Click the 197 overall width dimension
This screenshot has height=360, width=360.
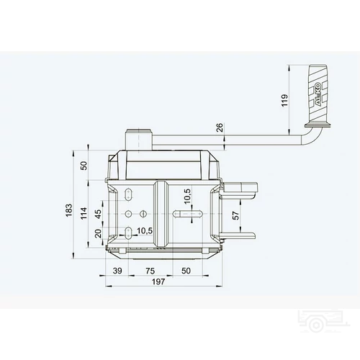tap(158, 282)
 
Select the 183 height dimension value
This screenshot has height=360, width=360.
tap(69, 210)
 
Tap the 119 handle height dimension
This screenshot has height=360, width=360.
tap(284, 100)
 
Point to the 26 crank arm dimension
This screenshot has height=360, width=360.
tap(220, 127)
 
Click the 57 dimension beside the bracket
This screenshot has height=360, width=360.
tap(236, 215)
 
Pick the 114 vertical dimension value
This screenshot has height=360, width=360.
tap(84, 213)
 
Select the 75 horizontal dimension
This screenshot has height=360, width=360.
tap(150, 271)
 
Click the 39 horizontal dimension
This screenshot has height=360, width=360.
tap(117, 271)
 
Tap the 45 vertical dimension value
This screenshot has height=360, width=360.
tap(98, 214)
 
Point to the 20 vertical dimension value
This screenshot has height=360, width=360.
tap(98, 233)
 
